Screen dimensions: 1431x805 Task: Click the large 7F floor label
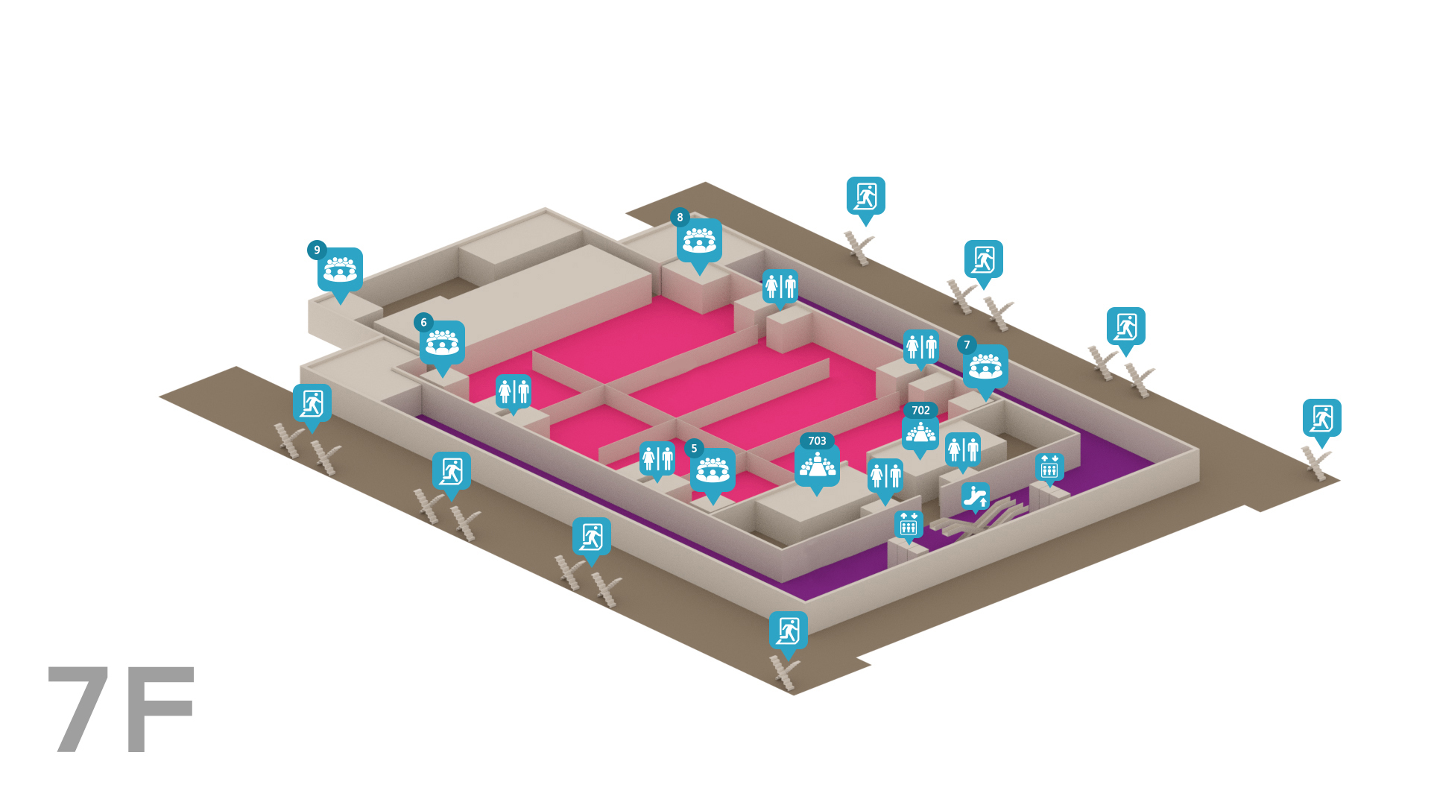click(121, 709)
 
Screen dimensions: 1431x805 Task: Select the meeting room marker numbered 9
click(339, 271)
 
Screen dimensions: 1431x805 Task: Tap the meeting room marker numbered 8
click(698, 241)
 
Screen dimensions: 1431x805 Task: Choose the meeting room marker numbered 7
click(985, 367)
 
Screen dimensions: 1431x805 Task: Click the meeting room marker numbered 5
click(712, 471)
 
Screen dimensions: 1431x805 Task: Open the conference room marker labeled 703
click(817, 464)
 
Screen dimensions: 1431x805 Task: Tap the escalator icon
click(975, 497)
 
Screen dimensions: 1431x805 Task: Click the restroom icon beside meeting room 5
click(657, 460)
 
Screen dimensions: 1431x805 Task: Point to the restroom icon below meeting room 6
click(514, 392)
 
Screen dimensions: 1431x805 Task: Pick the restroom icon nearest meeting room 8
click(780, 287)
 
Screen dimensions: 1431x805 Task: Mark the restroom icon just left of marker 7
click(921, 347)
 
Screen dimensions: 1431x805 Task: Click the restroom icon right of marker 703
click(885, 478)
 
